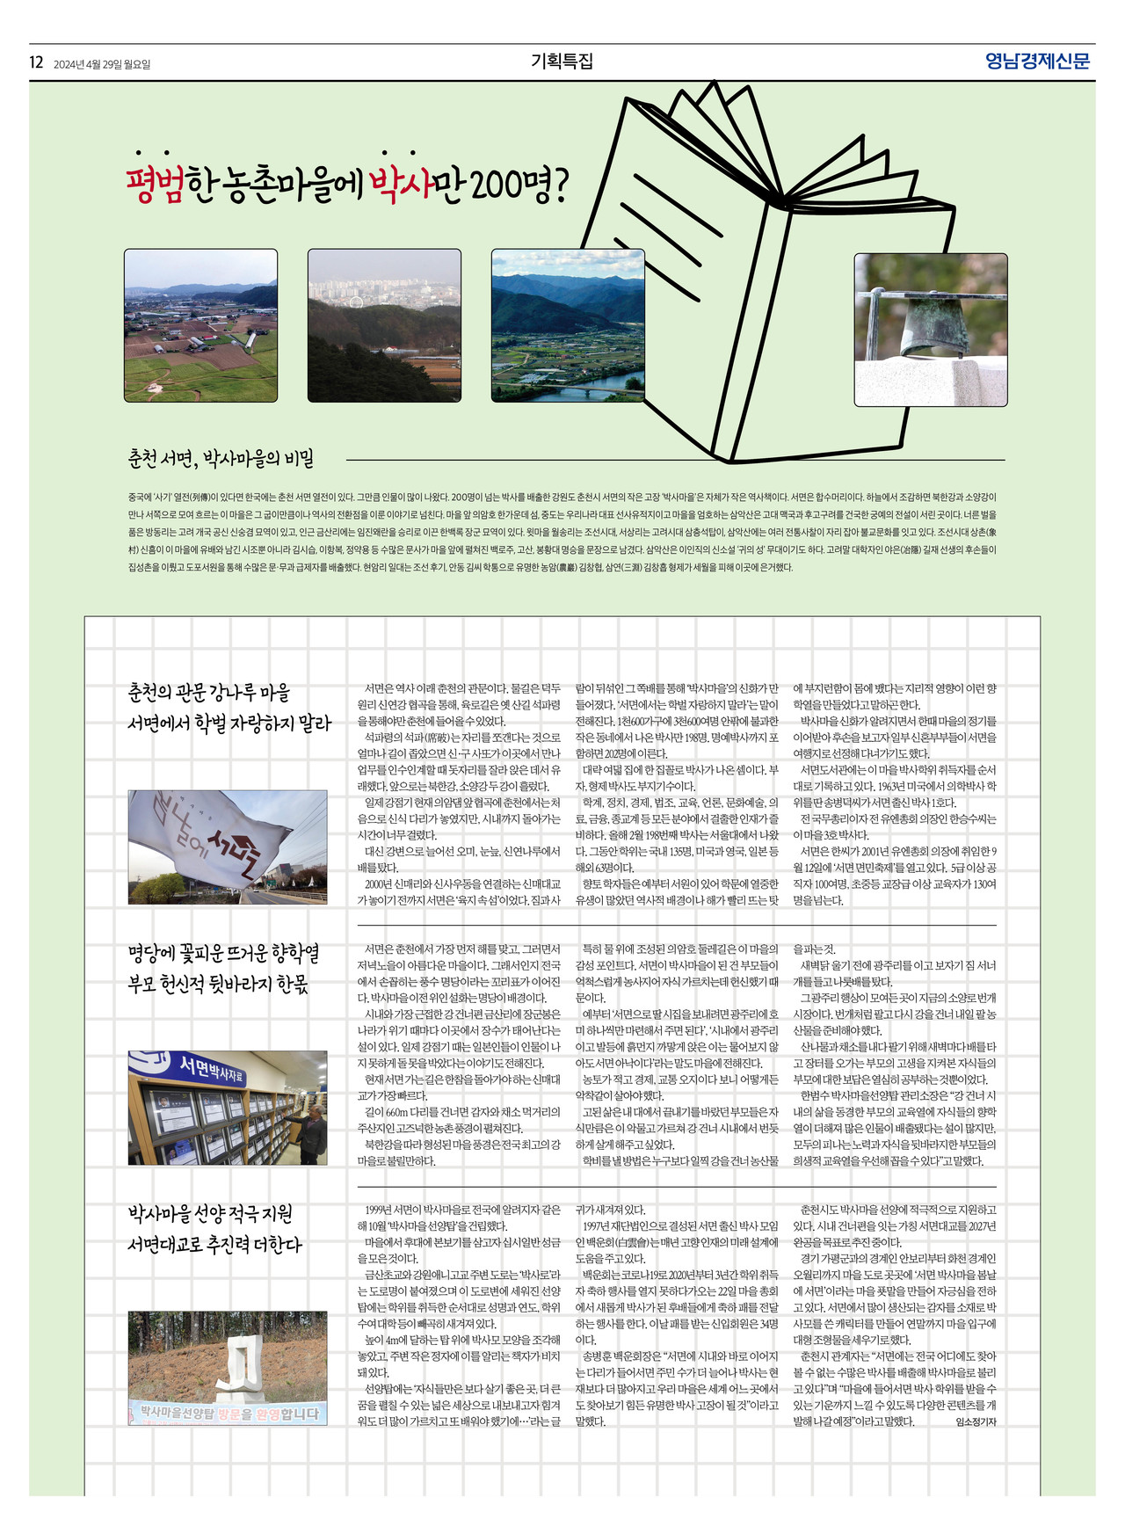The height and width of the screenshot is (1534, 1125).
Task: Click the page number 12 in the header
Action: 36,62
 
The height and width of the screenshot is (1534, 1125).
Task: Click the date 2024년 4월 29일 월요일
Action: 102,64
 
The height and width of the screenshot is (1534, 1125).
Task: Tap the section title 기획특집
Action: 562,62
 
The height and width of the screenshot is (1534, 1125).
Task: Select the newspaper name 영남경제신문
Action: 1037,62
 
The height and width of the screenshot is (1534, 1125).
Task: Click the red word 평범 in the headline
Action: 156,185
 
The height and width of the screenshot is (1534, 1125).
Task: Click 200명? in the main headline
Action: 519,185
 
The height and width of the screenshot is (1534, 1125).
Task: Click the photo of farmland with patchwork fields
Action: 200,325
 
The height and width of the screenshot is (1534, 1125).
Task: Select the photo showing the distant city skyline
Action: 384,325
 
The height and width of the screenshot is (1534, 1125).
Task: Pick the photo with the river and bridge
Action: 568,325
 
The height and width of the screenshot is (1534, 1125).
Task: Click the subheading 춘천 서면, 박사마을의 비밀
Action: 221,459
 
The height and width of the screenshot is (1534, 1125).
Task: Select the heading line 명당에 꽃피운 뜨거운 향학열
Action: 223,954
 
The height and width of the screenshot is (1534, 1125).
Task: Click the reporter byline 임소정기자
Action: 976,1421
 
